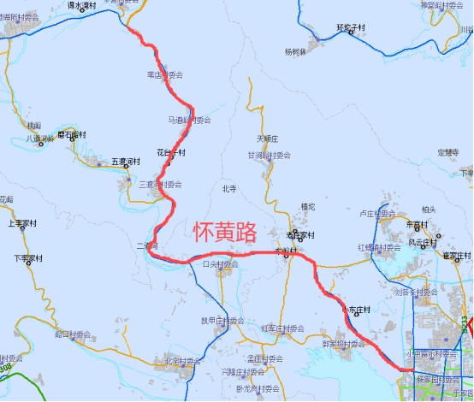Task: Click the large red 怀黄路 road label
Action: pyautogui.click(x=225, y=231)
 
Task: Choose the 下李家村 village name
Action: pyautogui.click(x=29, y=257)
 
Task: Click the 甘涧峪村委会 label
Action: pyautogui.click(x=270, y=156)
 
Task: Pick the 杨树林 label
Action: pyautogui.click(x=295, y=51)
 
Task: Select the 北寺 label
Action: pyautogui.click(x=228, y=189)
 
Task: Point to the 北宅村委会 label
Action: pyautogui.click(x=187, y=361)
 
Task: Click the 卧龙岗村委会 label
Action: pyautogui.click(x=258, y=387)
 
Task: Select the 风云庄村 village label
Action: pyautogui.click(x=425, y=242)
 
